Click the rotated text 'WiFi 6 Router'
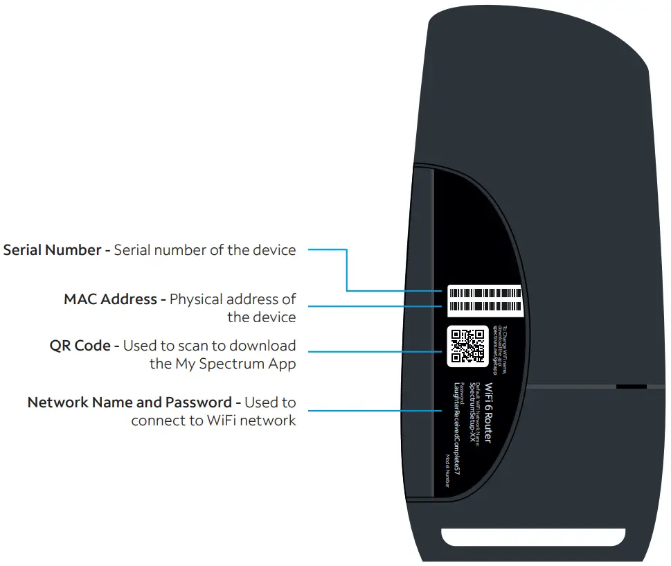(487, 414)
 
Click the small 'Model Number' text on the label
(447, 470)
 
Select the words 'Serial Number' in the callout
(53, 250)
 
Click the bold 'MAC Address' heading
(110, 300)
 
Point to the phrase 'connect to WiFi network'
(213, 421)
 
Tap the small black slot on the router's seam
(631, 386)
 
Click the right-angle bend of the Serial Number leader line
(346, 290)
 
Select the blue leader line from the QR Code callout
(374, 352)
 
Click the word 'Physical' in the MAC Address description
(196, 300)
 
